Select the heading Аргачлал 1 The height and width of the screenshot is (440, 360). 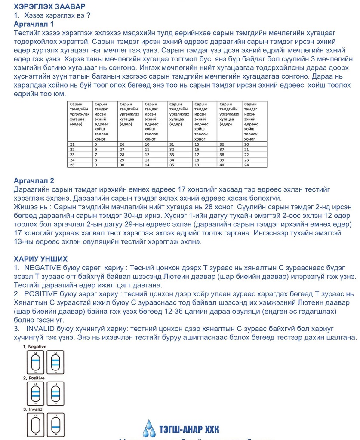tap(34, 24)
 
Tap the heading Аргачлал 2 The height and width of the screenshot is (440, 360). tap(34, 180)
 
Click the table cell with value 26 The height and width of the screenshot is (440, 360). tap(122, 144)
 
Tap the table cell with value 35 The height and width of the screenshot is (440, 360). tap(172, 165)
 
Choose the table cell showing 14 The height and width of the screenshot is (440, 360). tap(147, 165)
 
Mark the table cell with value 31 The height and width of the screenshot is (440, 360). tap(172, 144)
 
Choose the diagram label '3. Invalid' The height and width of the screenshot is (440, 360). tap(33, 409)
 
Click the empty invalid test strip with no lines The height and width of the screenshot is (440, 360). tap(36, 426)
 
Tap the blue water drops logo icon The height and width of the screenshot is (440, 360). tap(149, 427)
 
